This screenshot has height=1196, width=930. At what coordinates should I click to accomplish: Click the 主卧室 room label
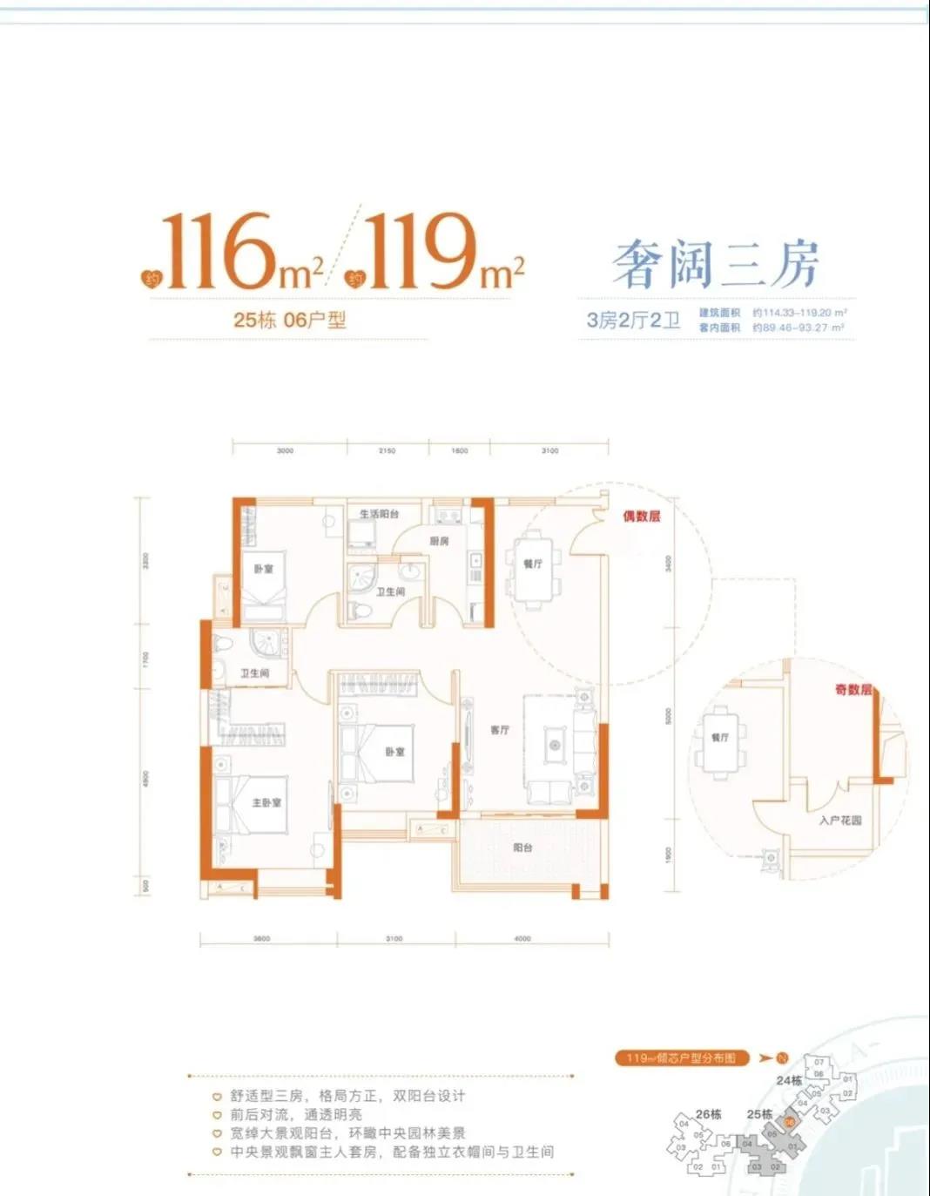266,802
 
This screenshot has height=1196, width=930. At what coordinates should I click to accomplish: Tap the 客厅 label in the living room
500,730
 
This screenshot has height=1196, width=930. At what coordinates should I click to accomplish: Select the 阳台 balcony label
522,847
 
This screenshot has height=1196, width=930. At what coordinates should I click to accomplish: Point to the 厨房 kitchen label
440,541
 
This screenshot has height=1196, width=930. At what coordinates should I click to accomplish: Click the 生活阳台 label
379,514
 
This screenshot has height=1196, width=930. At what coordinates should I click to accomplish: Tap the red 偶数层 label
641,516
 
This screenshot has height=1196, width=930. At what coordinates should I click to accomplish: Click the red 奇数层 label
853,689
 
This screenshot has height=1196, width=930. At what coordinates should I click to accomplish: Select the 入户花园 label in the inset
840,820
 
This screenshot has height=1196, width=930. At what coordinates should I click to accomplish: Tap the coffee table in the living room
555,745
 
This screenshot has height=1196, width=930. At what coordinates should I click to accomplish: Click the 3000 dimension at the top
285,450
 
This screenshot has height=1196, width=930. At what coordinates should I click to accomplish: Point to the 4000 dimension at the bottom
522,938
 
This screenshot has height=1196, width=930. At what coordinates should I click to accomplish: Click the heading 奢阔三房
716,264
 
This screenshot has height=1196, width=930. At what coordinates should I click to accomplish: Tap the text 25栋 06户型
289,320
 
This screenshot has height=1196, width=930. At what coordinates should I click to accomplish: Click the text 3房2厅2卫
633,320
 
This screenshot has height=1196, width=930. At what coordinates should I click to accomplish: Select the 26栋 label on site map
709,1113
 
